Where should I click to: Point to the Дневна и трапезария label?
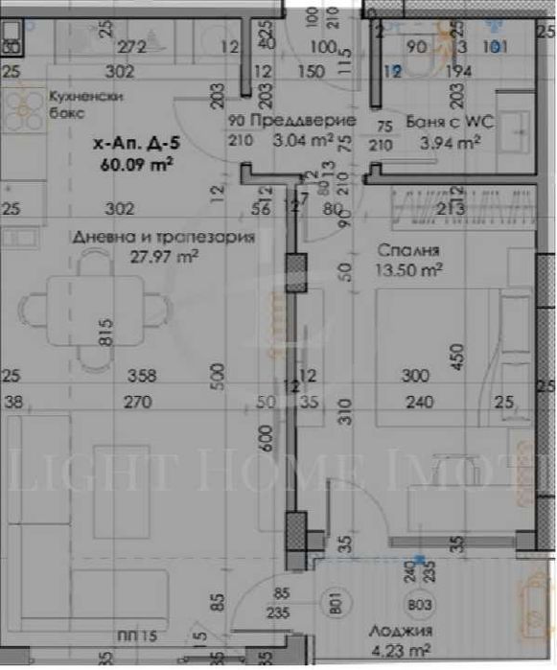[x=161, y=238]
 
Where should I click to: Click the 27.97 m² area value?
[x=164, y=256]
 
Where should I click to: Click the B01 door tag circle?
[x=336, y=606]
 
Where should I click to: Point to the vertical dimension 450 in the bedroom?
[x=463, y=357]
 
